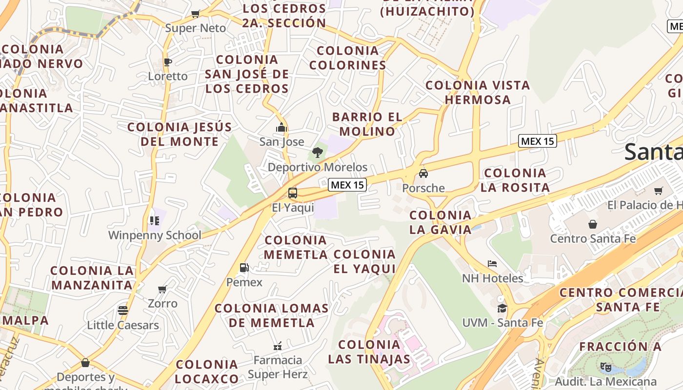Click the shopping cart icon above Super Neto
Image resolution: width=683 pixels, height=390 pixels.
(x=196, y=14)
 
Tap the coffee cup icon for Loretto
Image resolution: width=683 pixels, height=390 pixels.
(x=167, y=62)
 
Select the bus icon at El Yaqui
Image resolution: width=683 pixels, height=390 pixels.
(x=293, y=193)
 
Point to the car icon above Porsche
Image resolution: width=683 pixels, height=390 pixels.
(x=423, y=174)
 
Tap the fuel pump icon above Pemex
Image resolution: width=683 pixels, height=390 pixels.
(x=244, y=268)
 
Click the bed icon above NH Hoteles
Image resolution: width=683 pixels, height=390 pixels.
(x=492, y=264)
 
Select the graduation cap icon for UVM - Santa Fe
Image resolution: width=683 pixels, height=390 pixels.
(x=502, y=308)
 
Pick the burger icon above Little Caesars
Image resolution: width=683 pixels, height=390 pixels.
(x=123, y=311)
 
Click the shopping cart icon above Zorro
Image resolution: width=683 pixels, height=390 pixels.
(x=162, y=289)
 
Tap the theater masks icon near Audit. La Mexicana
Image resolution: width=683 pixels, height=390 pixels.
(x=606, y=367)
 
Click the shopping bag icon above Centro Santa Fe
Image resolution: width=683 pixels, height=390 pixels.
(x=593, y=224)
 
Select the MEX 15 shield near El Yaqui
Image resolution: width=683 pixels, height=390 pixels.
(x=347, y=185)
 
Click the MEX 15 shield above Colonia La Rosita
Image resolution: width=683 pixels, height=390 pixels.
(x=538, y=141)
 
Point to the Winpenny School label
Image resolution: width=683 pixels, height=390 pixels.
(x=155, y=235)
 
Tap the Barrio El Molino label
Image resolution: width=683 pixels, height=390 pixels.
(x=367, y=124)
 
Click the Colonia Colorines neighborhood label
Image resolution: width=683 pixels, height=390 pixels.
(x=348, y=58)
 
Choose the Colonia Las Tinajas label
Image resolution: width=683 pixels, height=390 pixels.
(x=369, y=352)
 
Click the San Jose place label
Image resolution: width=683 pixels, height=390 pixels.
(x=281, y=142)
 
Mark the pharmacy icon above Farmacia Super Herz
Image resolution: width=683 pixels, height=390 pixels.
(x=278, y=346)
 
